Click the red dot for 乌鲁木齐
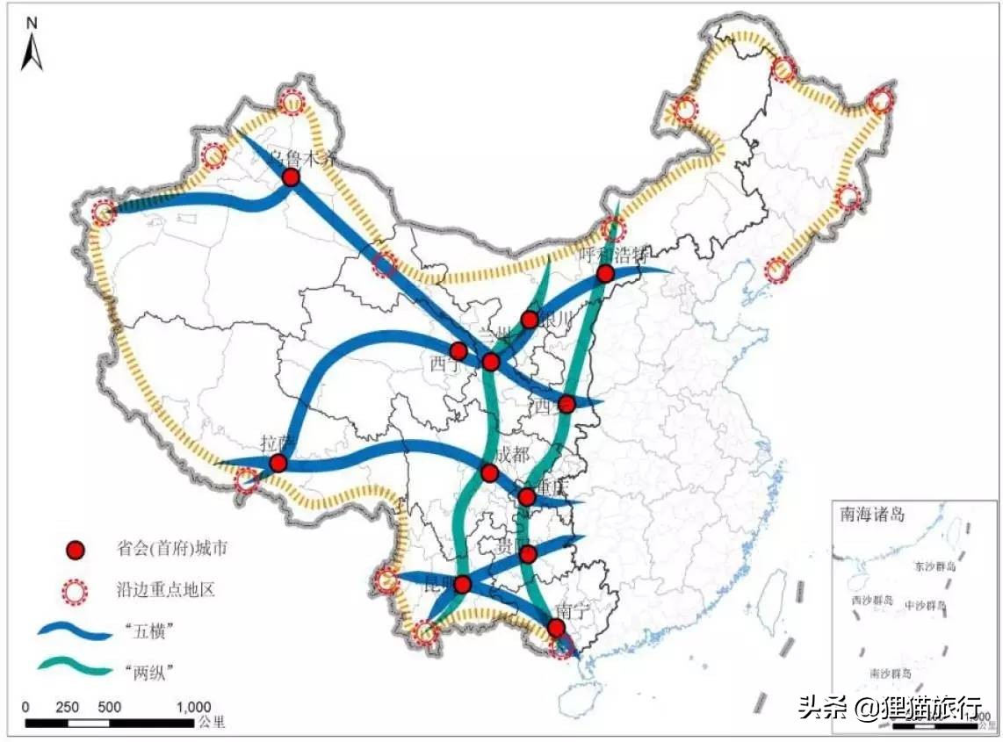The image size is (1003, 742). [291, 177]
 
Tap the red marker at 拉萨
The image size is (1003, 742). [278, 464]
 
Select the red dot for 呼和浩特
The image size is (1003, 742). [604, 274]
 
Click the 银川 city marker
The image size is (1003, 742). [529, 320]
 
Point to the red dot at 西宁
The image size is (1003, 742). [458, 351]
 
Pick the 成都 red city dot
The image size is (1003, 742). [489, 474]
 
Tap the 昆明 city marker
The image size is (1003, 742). [463, 584]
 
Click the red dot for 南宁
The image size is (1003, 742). [556, 628]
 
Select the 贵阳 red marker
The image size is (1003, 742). [527, 554]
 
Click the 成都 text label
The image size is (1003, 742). [513, 454]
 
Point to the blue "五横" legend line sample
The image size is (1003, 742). [76, 630]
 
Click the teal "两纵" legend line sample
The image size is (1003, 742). [76, 666]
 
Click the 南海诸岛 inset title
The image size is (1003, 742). [871, 515]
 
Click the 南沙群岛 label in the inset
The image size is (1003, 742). [890, 674]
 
